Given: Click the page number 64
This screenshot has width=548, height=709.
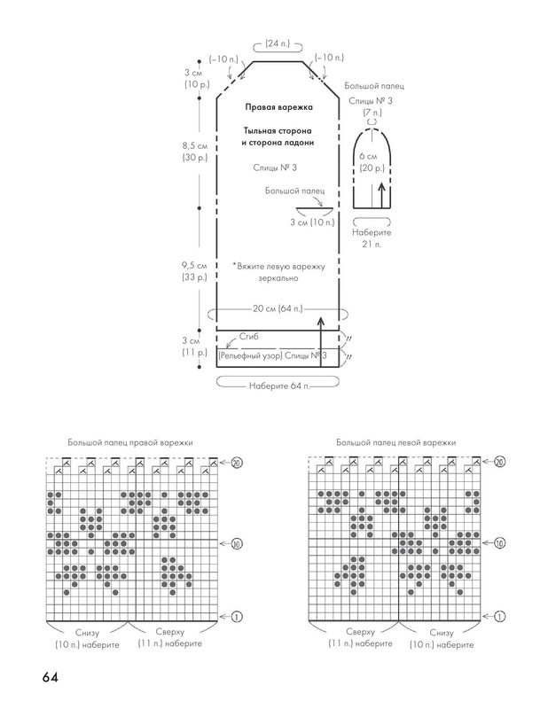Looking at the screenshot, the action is click(x=51, y=677).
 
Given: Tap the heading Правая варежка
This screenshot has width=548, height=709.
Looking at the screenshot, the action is click(x=278, y=107).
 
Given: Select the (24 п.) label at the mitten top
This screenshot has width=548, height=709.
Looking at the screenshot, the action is click(x=278, y=43).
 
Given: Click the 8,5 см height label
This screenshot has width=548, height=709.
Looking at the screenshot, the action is click(x=195, y=146).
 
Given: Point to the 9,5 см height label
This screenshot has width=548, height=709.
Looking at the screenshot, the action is click(x=194, y=265).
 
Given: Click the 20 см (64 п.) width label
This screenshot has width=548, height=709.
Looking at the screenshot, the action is click(x=278, y=308).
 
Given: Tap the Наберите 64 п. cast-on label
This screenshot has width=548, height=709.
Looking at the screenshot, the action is click(x=279, y=386).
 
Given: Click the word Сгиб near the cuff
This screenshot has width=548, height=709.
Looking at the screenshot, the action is click(x=249, y=337).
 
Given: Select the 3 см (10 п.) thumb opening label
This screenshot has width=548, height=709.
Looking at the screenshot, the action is click(x=312, y=222).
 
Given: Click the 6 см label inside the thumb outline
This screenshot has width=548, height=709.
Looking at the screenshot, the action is click(x=368, y=157).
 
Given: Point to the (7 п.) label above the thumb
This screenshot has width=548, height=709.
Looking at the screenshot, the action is click(x=372, y=113).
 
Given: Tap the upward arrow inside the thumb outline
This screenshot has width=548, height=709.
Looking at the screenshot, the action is click(x=382, y=194).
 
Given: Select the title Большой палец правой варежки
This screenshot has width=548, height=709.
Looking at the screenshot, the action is click(x=130, y=442).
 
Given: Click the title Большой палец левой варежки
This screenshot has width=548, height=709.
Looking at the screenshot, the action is click(x=396, y=442).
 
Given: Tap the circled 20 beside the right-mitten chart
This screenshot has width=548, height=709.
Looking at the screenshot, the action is click(x=237, y=462).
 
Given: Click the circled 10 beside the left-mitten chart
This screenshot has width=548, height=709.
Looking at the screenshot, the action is click(x=499, y=542).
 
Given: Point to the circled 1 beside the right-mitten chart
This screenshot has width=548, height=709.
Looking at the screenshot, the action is click(x=237, y=616).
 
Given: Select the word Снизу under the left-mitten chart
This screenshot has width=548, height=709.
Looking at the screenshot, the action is click(x=442, y=633).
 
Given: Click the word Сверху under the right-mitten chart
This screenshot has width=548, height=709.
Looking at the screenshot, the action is click(x=169, y=632).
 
